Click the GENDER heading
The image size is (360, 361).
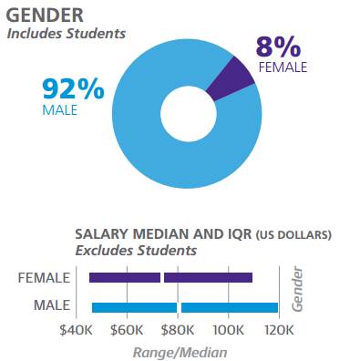(45, 15)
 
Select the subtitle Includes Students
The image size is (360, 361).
(67, 34)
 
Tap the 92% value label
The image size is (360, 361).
(73, 88)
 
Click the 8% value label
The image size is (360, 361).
(278, 47)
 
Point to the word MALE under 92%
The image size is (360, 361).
(60, 109)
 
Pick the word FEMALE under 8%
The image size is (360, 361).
(283, 67)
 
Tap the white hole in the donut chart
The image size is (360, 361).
(189, 114)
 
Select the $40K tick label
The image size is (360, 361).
(76, 330)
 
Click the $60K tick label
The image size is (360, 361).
(127, 330)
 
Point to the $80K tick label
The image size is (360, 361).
(178, 330)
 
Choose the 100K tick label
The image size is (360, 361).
(228, 330)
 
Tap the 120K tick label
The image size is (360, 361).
(279, 330)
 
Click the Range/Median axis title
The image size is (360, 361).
(180, 353)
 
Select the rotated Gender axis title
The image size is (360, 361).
(297, 289)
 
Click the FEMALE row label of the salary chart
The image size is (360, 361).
(44, 278)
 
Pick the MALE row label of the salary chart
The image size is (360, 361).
(52, 305)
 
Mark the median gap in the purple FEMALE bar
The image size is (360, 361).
(162, 278)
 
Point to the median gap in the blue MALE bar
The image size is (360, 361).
(179, 307)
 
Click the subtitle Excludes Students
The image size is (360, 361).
(136, 251)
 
